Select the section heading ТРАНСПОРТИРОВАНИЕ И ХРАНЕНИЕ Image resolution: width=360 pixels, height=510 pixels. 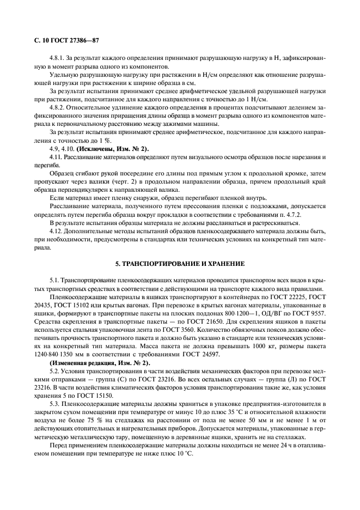[x=180, y=264]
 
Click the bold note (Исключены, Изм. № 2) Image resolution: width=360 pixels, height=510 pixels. [x=112, y=149]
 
